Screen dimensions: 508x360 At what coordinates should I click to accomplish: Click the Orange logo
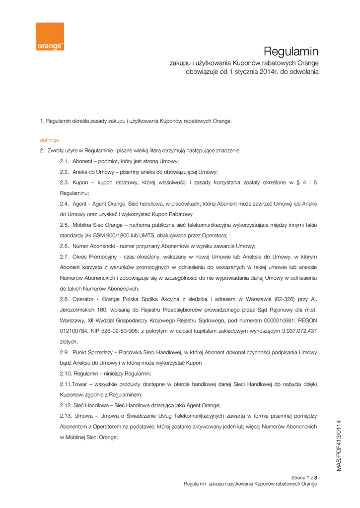(x=50, y=36)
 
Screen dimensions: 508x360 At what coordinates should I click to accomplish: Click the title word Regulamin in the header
(x=290, y=51)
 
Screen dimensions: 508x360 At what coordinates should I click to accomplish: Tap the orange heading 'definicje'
(x=50, y=140)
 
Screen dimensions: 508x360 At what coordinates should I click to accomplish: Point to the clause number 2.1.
(x=65, y=162)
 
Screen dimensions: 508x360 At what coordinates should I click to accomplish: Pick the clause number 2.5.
(x=65, y=225)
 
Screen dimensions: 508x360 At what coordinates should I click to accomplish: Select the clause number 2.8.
(x=65, y=299)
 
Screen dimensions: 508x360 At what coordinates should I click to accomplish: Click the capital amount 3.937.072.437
(x=295, y=330)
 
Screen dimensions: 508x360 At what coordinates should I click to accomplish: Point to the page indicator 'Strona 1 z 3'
(x=304, y=477)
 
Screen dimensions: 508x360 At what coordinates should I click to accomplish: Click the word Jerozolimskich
(x=79, y=310)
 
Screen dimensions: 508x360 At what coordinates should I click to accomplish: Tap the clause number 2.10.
(x=66, y=373)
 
